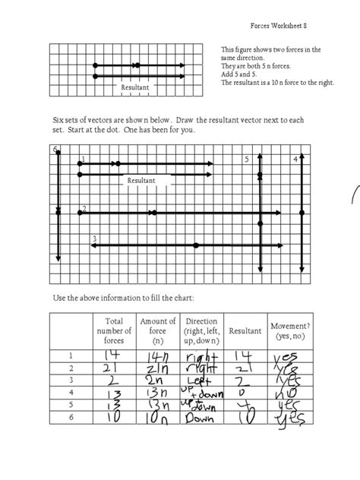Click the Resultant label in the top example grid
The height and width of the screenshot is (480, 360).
pyautogui.click(x=135, y=88)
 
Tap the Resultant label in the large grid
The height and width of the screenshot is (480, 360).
pyautogui.click(x=141, y=181)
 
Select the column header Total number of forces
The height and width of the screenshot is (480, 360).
pyautogui.click(x=113, y=330)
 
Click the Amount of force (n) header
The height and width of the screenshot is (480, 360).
pyautogui.click(x=158, y=330)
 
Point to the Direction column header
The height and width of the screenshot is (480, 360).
pyautogui.click(x=201, y=331)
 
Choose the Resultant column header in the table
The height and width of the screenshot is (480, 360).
pyautogui.click(x=244, y=331)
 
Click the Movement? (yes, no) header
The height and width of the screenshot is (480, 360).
pyautogui.click(x=286, y=331)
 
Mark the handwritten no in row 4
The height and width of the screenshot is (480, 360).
pyautogui.click(x=287, y=393)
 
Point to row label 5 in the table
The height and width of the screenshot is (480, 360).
pyautogui.click(x=72, y=406)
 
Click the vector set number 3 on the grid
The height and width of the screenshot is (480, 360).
pyautogui.click(x=93, y=240)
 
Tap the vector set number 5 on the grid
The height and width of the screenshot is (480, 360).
pyautogui.click(x=247, y=159)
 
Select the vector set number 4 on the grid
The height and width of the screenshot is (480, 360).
pyautogui.click(x=295, y=159)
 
